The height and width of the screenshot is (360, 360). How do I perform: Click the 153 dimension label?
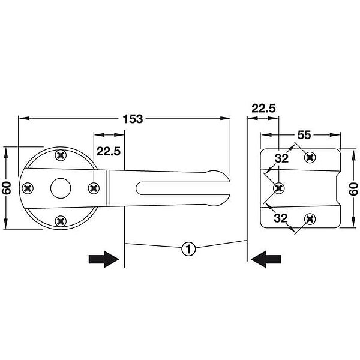point(133,119)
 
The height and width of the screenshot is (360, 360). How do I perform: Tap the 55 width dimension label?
point(304,135)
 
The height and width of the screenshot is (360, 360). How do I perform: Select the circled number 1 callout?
point(188,248)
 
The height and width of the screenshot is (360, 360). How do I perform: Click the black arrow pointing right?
point(104,259)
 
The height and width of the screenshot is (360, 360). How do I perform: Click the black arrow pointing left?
point(266,259)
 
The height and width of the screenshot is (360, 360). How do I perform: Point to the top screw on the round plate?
point(61,155)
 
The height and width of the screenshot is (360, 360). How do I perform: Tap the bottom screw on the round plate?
point(61,221)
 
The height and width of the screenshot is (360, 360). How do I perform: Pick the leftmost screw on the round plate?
point(28,188)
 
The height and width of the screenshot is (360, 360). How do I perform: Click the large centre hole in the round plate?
point(61,188)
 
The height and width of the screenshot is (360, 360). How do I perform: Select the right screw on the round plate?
point(94,188)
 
